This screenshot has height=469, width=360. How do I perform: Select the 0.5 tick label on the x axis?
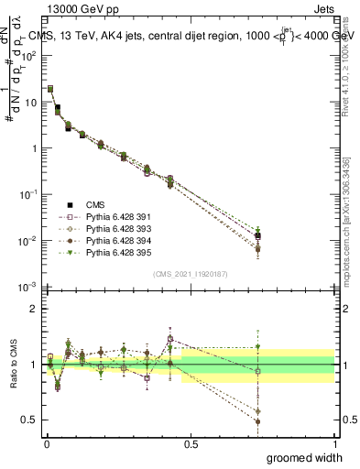tap(191, 444)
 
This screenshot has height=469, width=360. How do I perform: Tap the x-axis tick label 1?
tap(334, 444)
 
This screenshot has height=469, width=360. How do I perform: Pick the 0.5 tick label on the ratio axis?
tap(28, 420)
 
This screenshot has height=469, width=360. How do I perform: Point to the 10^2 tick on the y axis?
tap(27, 55)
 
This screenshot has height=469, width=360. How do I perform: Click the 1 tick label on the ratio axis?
tap(33, 365)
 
